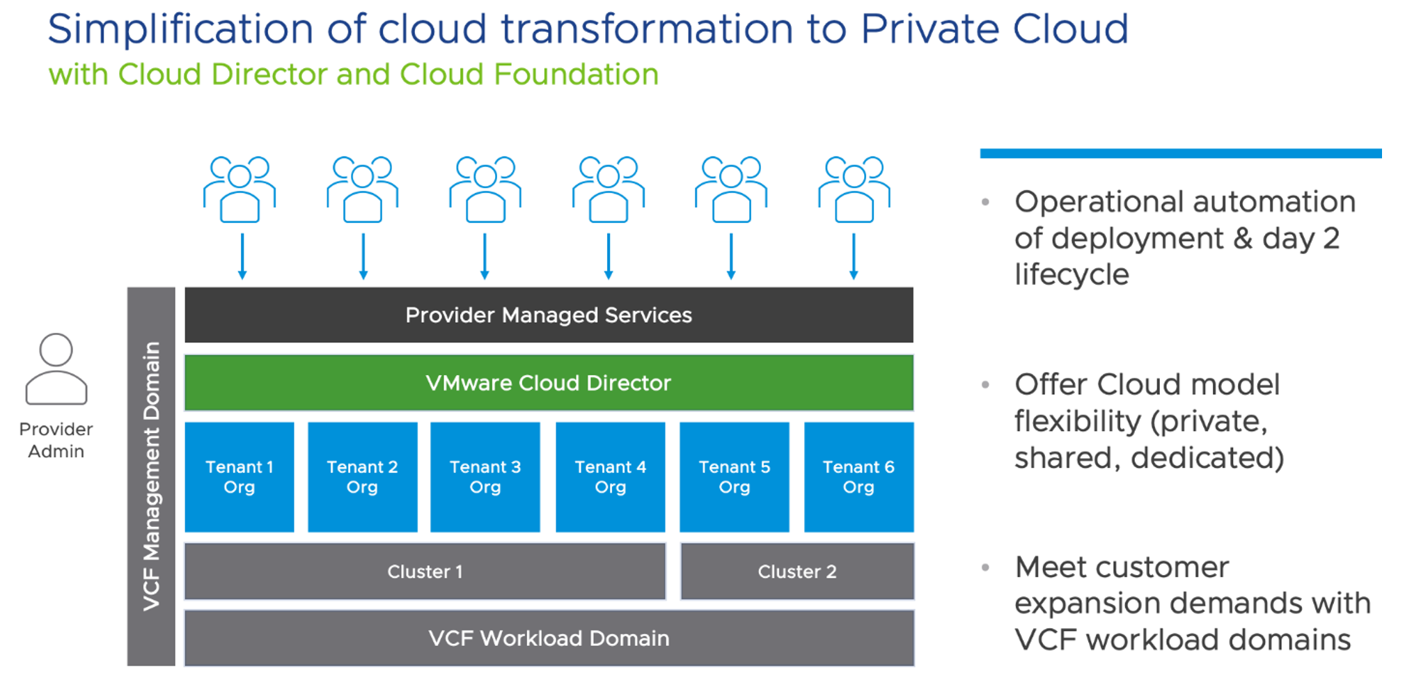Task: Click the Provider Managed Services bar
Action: pyautogui.click(x=549, y=315)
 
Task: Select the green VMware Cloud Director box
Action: pyautogui.click(x=549, y=383)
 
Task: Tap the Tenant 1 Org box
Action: pyautogui.click(x=239, y=477)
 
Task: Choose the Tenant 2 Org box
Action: pyautogui.click(x=362, y=477)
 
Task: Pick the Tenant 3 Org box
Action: pyautogui.click(x=485, y=477)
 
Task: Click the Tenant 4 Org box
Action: pyautogui.click(x=610, y=477)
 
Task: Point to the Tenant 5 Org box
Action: pyautogui.click(x=735, y=477)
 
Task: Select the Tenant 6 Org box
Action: pyautogui.click(x=858, y=477)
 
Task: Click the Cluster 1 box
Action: pyautogui.click(x=425, y=572)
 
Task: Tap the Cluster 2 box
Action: pyautogui.click(x=797, y=572)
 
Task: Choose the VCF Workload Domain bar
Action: pyautogui.click(x=549, y=638)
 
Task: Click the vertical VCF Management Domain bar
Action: pyautogui.click(x=151, y=476)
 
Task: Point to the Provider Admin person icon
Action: pyautogui.click(x=56, y=369)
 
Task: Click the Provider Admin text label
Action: pyautogui.click(x=56, y=440)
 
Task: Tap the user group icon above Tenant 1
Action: pyautogui.click(x=240, y=189)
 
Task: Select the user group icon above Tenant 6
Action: pyautogui.click(x=854, y=189)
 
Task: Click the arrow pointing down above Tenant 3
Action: pyautogui.click(x=485, y=256)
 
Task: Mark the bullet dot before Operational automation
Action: pyautogui.click(x=985, y=203)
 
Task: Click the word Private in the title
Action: pyautogui.click(x=929, y=29)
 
